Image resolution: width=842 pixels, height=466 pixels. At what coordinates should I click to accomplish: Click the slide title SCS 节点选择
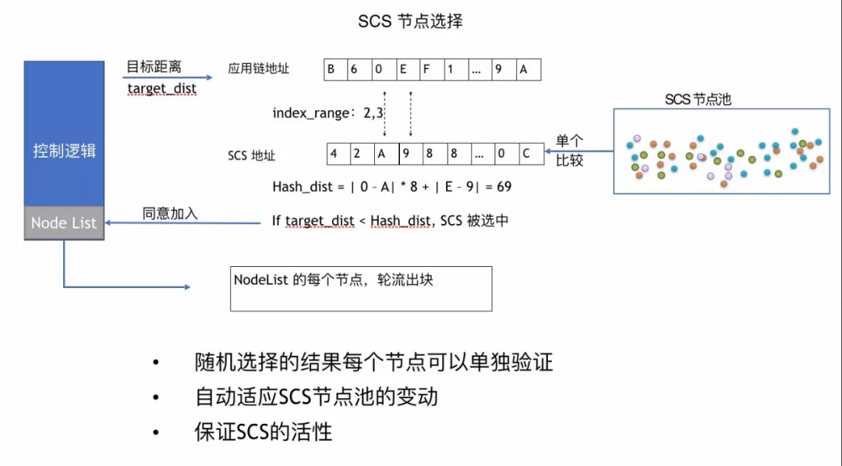(410, 21)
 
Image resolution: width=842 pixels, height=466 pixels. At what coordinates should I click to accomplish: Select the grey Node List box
(64, 222)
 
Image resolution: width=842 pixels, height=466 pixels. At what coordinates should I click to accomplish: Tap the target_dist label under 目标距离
(162, 88)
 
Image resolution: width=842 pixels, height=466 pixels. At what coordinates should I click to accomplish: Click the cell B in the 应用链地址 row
(332, 69)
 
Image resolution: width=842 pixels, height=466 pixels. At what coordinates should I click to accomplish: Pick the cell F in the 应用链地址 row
(426, 69)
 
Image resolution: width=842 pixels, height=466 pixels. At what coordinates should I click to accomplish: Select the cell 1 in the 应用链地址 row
(450, 69)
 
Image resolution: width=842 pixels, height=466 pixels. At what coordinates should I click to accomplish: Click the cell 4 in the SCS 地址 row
(334, 153)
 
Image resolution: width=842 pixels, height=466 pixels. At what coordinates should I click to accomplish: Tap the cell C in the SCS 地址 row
(526, 153)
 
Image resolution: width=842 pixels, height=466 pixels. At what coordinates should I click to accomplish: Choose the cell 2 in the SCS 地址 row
(357, 153)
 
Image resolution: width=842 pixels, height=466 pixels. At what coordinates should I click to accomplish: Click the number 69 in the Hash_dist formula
(503, 187)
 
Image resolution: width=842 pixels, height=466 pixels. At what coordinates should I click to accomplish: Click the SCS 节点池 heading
(698, 99)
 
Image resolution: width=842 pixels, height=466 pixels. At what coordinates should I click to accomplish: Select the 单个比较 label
(569, 151)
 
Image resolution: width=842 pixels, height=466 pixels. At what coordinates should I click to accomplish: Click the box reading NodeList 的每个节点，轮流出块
(361, 289)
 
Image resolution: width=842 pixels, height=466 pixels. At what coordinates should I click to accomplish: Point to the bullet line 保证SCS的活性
(263, 432)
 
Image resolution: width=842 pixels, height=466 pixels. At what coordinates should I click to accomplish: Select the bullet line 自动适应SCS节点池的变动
(316, 397)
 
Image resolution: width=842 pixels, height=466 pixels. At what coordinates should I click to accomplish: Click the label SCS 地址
(251, 155)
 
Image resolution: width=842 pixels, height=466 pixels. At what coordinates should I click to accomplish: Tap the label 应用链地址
(259, 69)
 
